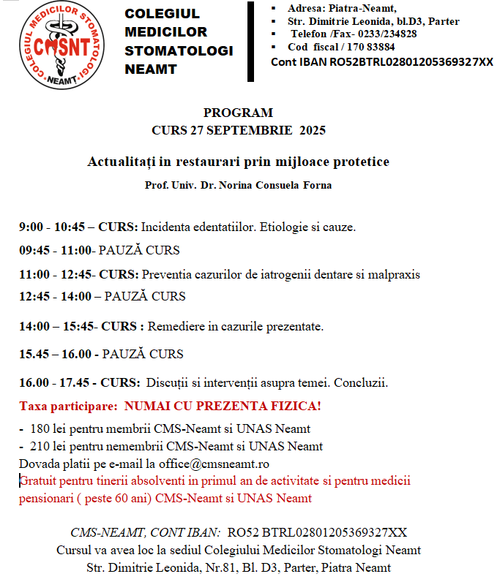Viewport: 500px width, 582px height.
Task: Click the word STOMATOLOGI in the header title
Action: click(x=179, y=50)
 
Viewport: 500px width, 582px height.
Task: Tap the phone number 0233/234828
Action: click(x=387, y=34)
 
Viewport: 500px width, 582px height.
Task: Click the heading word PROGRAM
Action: click(x=238, y=113)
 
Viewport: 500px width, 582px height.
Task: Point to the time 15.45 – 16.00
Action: click(x=55, y=354)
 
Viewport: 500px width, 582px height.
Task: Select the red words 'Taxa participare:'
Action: click(x=68, y=405)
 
